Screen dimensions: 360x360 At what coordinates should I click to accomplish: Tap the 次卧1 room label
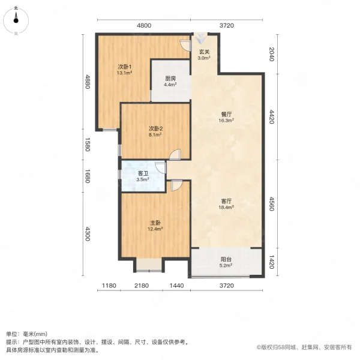pyautogui.click(x=124, y=66)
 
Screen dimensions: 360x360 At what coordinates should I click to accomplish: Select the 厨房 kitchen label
pyautogui.click(x=170, y=78)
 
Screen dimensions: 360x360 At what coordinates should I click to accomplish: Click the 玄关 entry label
pyautogui.click(x=204, y=52)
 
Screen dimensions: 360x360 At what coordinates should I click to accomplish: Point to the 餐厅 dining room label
pyautogui.click(x=226, y=113)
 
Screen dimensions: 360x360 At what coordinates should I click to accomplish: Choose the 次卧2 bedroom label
pyautogui.click(x=156, y=128)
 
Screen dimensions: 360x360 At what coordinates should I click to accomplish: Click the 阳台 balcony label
pyautogui.click(x=226, y=259)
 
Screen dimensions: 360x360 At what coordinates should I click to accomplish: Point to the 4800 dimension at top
pyautogui.click(x=144, y=25)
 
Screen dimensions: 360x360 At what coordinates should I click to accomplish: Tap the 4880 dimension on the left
pyautogui.click(x=87, y=81)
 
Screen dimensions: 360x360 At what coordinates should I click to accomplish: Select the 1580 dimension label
pyautogui.click(x=87, y=145)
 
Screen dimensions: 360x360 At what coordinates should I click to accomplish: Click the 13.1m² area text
pyautogui.click(x=124, y=73)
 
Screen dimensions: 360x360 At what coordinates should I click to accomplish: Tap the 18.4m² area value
pyautogui.click(x=226, y=208)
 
